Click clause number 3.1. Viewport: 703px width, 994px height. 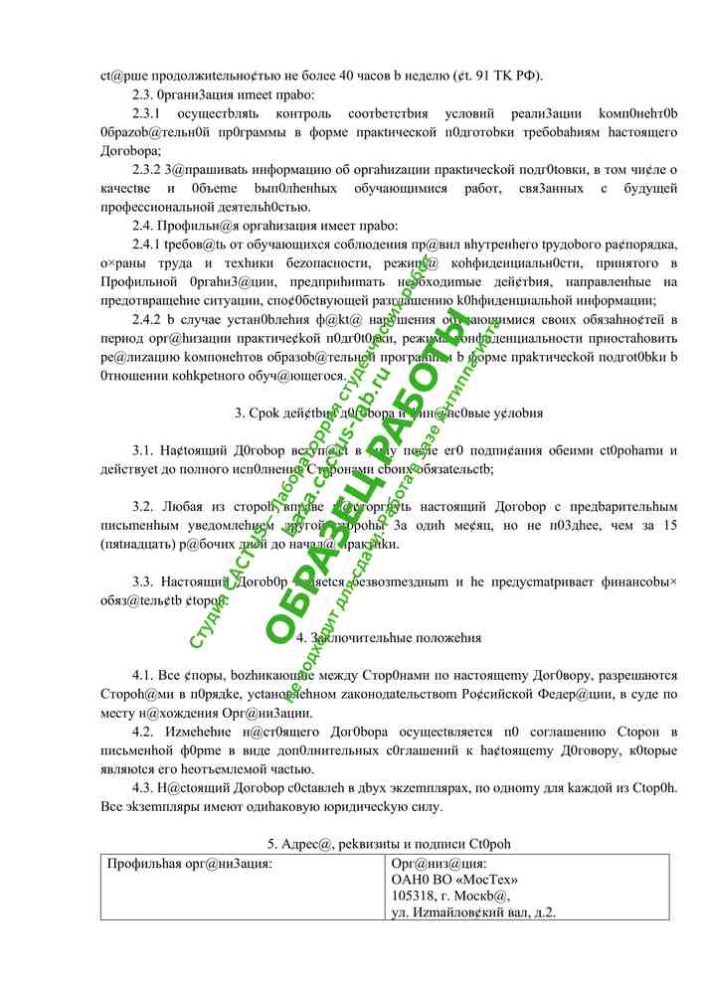[145, 450]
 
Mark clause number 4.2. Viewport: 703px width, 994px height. [145, 732]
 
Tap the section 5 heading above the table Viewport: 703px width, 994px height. [389, 844]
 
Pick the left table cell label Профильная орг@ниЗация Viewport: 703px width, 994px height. [189, 863]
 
